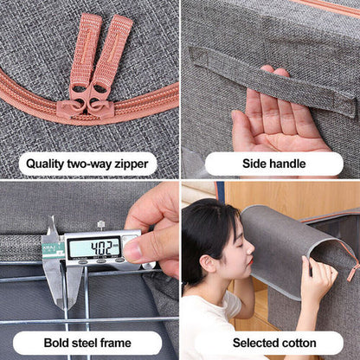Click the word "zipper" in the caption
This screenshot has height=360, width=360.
point(132,164)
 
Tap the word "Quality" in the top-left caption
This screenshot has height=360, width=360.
point(45,164)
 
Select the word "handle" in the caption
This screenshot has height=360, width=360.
point(286,164)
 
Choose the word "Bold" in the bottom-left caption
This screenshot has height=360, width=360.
point(56,343)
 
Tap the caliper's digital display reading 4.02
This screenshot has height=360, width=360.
point(95,247)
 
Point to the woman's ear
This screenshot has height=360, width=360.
point(209,263)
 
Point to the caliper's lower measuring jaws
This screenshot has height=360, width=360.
point(61,284)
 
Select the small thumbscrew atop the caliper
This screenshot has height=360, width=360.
point(100,224)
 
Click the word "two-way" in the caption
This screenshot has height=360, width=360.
point(89,164)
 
